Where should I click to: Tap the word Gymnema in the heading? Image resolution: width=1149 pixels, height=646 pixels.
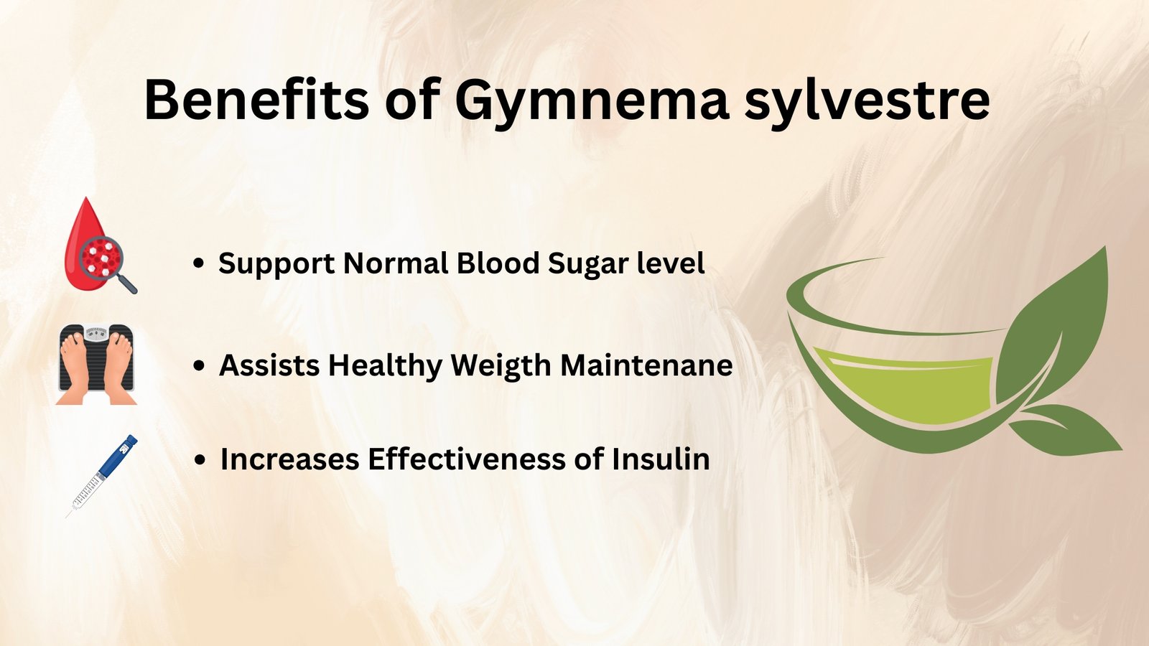(x=592, y=104)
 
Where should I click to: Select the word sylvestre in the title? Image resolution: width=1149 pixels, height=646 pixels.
(x=867, y=104)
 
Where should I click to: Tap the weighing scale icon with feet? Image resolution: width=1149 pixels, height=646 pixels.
(x=96, y=364)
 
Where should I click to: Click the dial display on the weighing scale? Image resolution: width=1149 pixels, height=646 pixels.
(x=96, y=334)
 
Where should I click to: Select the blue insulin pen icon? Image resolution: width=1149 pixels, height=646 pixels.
(x=102, y=476)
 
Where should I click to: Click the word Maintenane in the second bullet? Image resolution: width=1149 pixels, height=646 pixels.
(x=646, y=365)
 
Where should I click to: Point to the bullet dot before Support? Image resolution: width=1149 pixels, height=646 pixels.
(x=198, y=264)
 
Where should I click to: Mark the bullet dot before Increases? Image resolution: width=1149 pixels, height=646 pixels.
(x=200, y=460)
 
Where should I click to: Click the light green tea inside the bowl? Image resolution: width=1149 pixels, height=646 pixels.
(x=903, y=385)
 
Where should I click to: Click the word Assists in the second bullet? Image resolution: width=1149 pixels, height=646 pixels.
(x=269, y=365)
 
